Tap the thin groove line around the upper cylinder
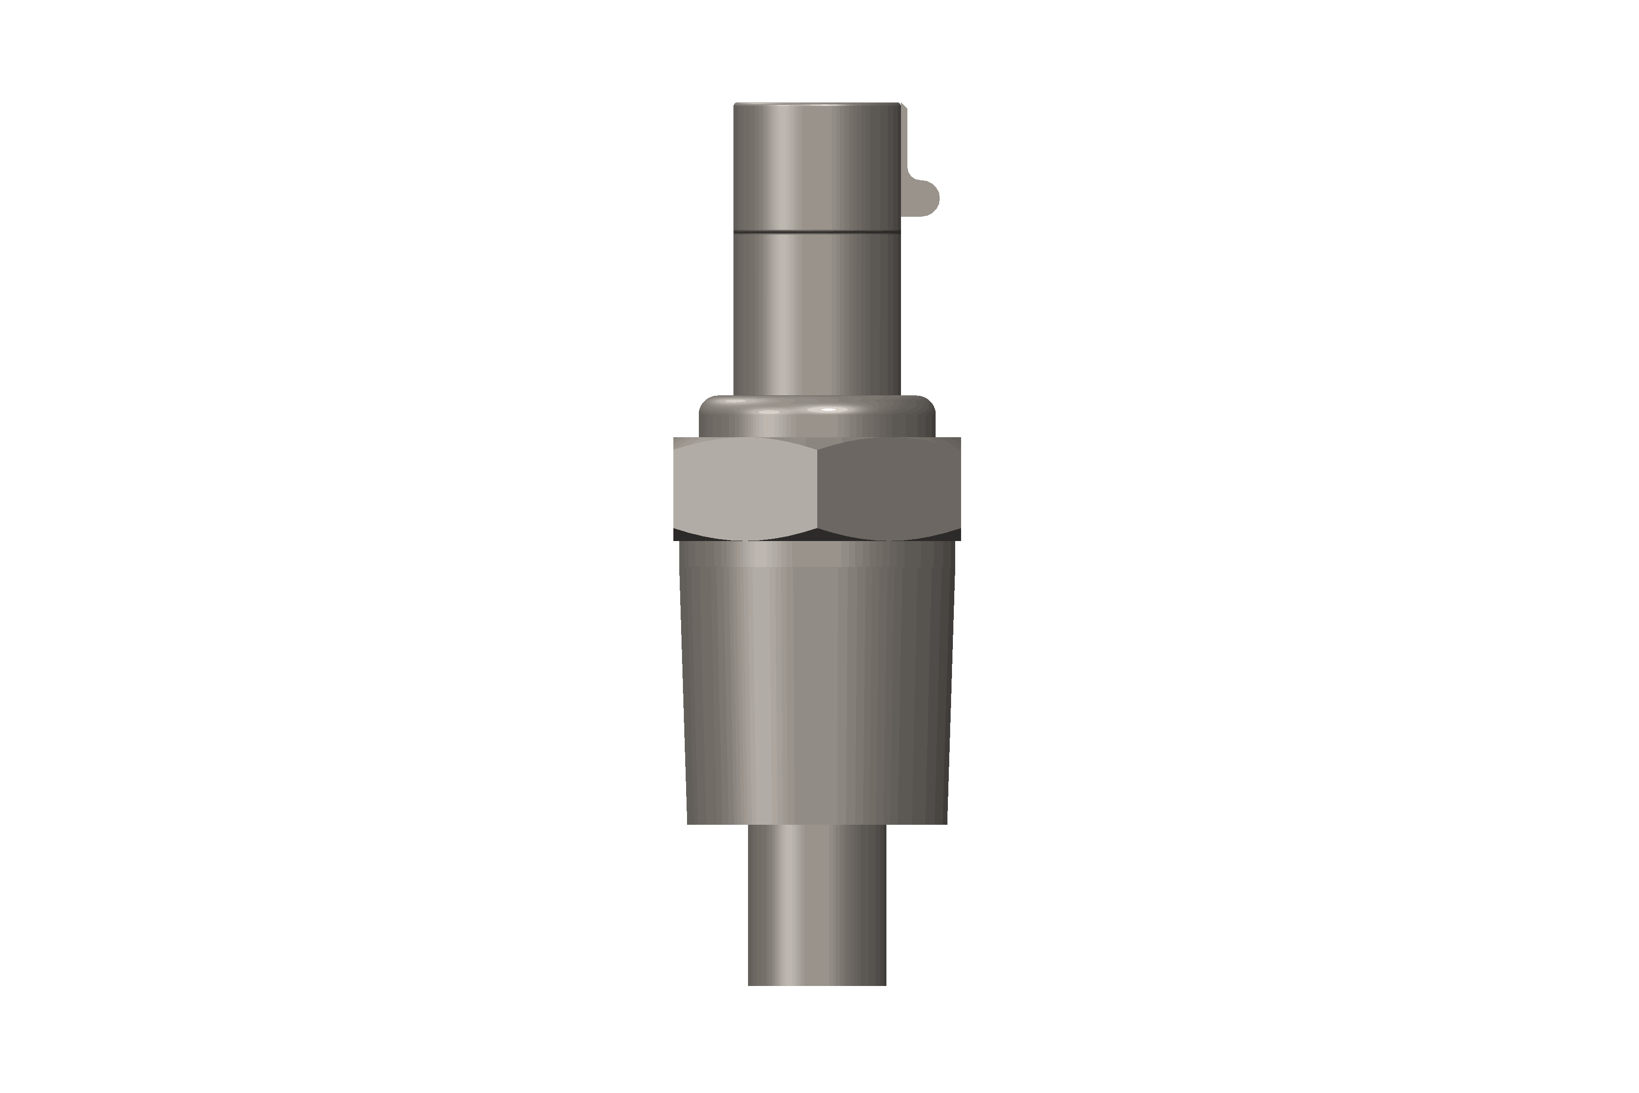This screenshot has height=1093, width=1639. click(x=817, y=230)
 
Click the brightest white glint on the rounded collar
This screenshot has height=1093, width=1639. click(x=827, y=410)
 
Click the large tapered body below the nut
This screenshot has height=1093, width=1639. click(x=817, y=683)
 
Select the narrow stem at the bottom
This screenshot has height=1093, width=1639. click(x=817, y=906)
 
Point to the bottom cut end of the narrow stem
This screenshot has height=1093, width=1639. click(x=817, y=984)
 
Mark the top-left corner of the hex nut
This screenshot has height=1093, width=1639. click(x=675, y=439)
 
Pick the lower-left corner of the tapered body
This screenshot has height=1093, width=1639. click(x=688, y=823)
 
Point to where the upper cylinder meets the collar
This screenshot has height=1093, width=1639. click(x=817, y=396)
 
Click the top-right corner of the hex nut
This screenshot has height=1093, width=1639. click(x=960, y=439)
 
